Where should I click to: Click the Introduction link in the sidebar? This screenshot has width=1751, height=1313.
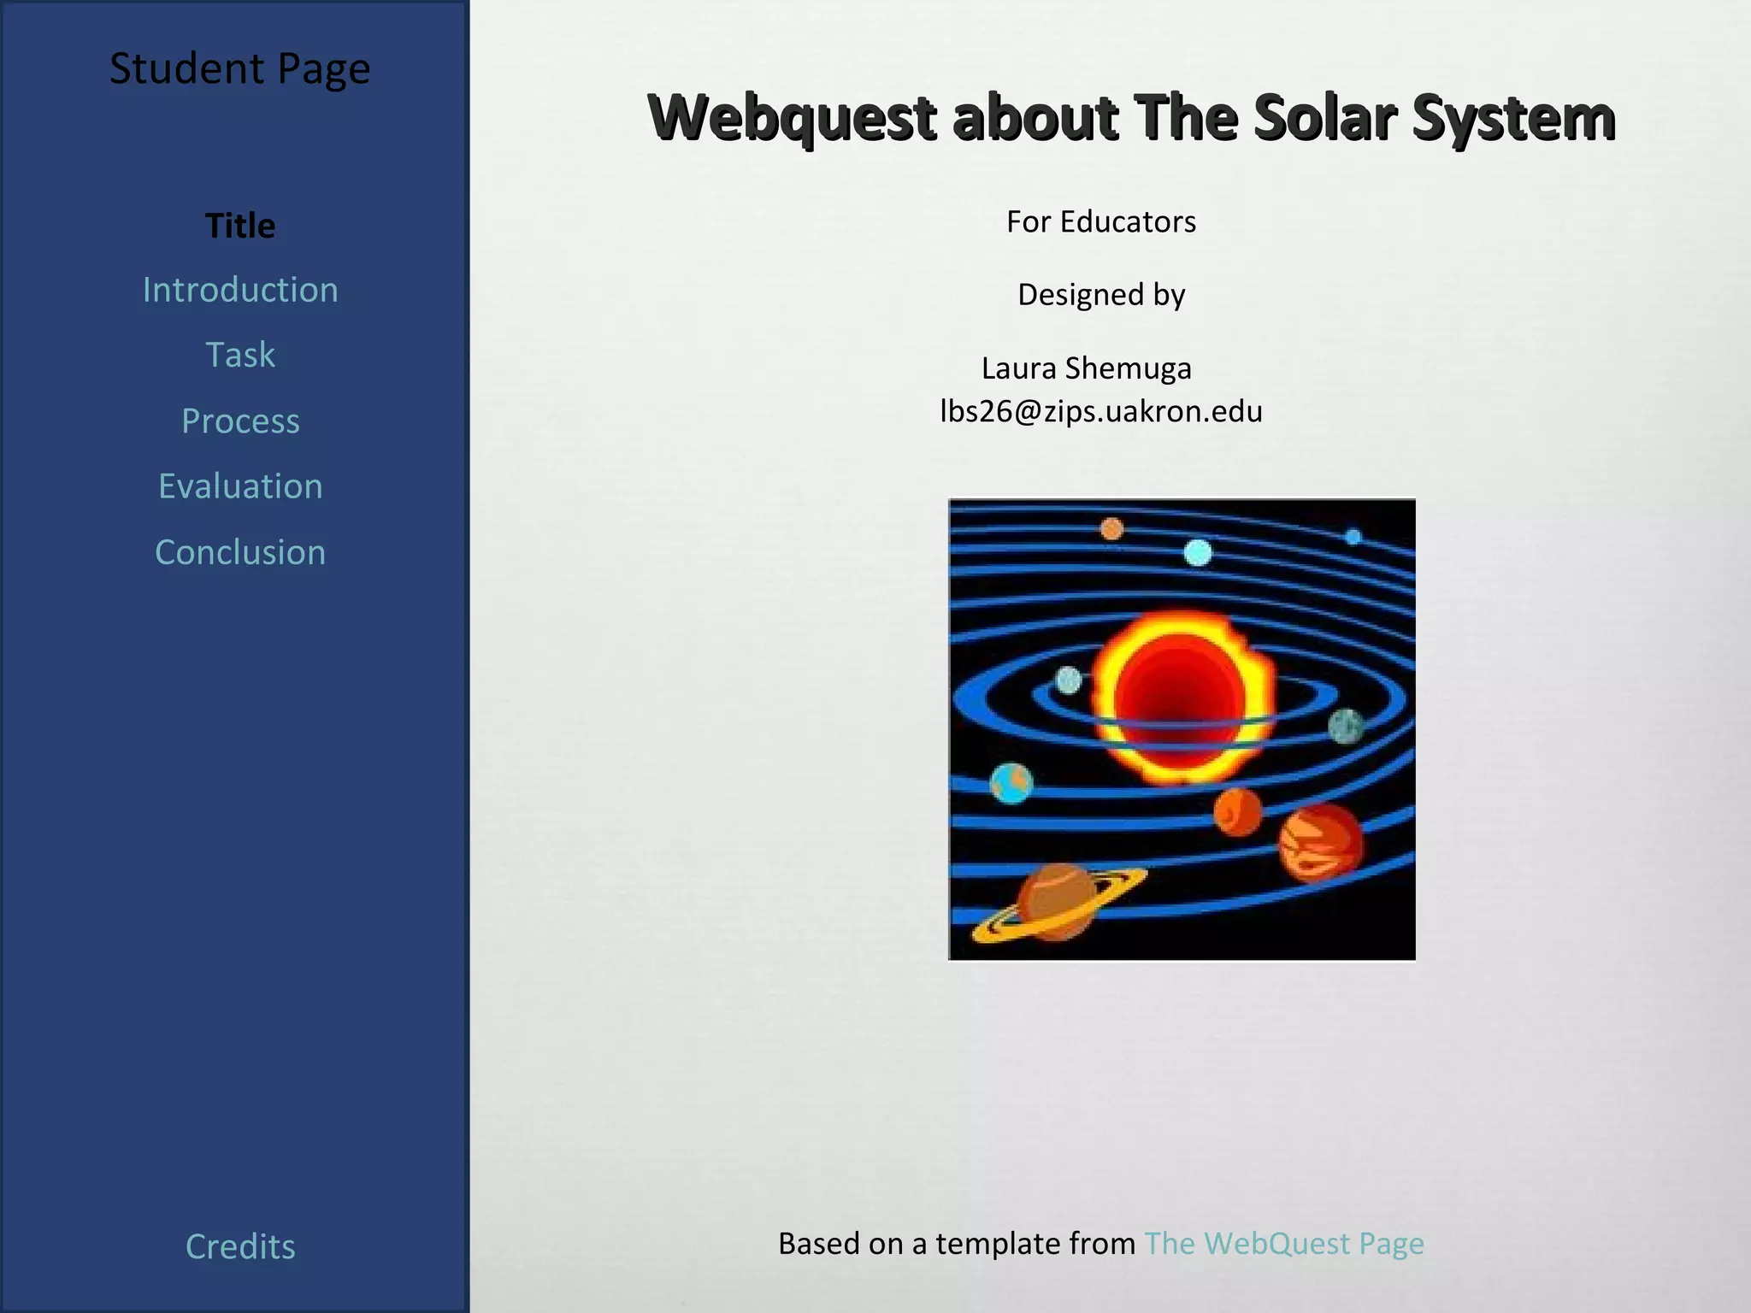point(240,290)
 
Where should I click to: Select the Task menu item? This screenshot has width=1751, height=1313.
point(240,355)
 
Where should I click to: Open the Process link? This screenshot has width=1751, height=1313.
point(240,421)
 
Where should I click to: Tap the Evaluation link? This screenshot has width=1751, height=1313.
point(240,486)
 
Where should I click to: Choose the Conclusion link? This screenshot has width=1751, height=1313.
point(240,552)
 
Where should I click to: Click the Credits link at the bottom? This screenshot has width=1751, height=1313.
point(240,1246)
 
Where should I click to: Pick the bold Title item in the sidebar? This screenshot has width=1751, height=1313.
point(240,226)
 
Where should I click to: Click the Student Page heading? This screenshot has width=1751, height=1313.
point(239,68)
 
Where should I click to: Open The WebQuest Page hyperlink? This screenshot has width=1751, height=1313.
point(1284,1243)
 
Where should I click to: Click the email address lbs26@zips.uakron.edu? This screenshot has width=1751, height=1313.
point(1101,411)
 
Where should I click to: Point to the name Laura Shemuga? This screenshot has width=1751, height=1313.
point(1086,368)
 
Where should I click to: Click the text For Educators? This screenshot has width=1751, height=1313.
point(1101,221)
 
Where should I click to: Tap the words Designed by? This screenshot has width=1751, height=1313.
point(1101,294)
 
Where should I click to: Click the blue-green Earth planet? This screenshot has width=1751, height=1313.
point(1011,783)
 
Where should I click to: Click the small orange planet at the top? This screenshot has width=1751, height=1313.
point(1111,529)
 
